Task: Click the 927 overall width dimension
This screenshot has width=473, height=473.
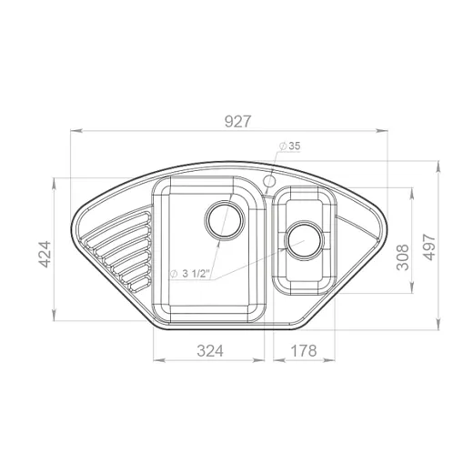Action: click(238, 121)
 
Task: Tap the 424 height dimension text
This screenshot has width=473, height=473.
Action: click(45, 255)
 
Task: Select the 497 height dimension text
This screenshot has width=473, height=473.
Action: click(429, 247)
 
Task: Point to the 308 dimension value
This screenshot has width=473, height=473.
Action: click(403, 257)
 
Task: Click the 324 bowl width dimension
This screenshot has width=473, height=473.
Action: click(210, 351)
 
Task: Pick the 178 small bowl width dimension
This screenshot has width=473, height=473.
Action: click(304, 351)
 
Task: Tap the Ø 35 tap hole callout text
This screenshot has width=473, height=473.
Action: click(289, 146)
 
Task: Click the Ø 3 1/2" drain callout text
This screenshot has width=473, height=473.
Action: click(190, 274)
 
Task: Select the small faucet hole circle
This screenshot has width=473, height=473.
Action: click(269, 181)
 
